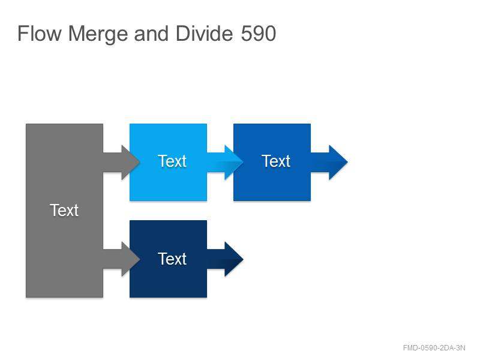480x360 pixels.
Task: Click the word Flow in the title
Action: click(x=40, y=34)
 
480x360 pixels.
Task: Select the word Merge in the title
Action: click(x=98, y=34)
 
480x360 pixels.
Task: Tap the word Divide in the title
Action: click(x=205, y=34)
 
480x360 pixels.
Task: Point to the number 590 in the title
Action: click(x=259, y=34)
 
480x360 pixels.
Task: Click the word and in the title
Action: click(x=151, y=34)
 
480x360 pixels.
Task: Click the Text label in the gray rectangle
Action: click(x=64, y=211)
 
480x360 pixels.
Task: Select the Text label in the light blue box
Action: click(x=172, y=161)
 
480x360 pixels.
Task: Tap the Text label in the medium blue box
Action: click(x=275, y=161)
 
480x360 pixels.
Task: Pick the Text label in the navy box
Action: click(x=172, y=259)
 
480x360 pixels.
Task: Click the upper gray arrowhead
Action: click(x=131, y=162)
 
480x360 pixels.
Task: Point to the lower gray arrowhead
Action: click(x=131, y=259)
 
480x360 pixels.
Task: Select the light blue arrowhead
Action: click(x=234, y=162)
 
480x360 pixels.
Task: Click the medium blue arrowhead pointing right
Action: click(x=338, y=162)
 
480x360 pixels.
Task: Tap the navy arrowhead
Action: click(x=234, y=259)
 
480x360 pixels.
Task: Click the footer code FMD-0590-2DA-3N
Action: click(x=434, y=348)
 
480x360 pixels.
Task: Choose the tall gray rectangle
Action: click(x=64, y=211)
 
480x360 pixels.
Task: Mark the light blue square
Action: click(x=168, y=162)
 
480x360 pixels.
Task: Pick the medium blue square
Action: click(x=272, y=162)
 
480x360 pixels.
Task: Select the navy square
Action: click(x=168, y=259)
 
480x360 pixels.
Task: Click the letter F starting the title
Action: click(x=23, y=34)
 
